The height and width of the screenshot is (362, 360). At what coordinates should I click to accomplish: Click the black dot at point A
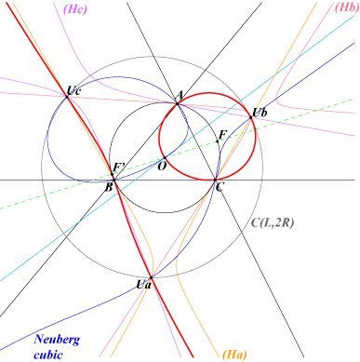click(x=178, y=104)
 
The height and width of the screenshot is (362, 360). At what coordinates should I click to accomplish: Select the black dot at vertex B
click(x=113, y=180)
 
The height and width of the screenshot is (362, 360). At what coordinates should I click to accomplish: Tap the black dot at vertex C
click(x=215, y=180)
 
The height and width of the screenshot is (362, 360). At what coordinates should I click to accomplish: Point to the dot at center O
click(x=165, y=157)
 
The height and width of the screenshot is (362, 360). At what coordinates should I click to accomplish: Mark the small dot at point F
click(x=218, y=141)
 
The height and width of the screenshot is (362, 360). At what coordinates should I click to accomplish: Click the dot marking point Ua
click(x=151, y=277)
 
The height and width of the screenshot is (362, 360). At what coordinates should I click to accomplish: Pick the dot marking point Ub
click(x=251, y=117)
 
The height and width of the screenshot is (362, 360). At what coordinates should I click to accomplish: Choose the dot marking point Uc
click(x=67, y=97)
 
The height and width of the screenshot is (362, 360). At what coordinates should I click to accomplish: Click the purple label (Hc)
click(x=75, y=9)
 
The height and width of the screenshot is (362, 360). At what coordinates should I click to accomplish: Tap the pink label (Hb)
click(x=345, y=7)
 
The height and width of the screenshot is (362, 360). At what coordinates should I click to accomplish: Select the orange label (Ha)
click(x=234, y=355)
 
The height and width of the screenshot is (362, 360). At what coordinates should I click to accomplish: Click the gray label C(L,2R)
click(x=273, y=222)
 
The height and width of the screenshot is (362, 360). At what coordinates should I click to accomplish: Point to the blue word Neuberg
click(x=57, y=340)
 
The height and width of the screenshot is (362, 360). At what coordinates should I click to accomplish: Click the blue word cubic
click(x=48, y=355)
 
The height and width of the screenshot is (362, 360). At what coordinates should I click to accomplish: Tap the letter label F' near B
click(x=118, y=168)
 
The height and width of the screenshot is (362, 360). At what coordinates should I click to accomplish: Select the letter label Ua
click(x=144, y=285)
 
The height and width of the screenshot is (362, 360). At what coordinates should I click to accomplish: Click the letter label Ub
click(x=260, y=113)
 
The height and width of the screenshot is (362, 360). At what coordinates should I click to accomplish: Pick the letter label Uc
click(x=74, y=90)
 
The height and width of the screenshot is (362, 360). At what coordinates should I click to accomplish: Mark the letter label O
click(x=162, y=167)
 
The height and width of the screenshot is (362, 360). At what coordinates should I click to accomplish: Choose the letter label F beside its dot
click(x=222, y=135)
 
